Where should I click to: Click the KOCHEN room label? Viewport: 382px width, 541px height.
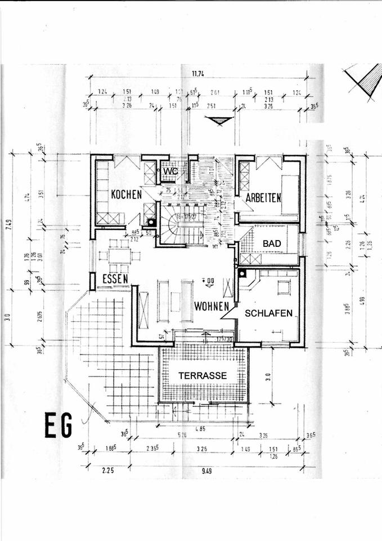(x=125, y=195)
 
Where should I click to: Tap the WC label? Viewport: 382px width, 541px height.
(x=170, y=170)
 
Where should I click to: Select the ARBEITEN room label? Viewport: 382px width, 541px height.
(x=263, y=198)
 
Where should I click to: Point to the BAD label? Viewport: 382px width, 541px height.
(x=272, y=243)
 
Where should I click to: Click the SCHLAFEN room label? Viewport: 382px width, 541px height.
(x=268, y=313)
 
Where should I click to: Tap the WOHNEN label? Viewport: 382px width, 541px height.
(x=212, y=307)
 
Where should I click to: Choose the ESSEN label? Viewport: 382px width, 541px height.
(x=115, y=278)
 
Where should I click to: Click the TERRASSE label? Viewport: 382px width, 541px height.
(x=203, y=375)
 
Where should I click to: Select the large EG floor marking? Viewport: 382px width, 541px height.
(x=59, y=427)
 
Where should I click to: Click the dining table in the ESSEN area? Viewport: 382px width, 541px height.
(x=119, y=255)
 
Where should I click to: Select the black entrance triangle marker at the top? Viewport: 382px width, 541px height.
(x=218, y=121)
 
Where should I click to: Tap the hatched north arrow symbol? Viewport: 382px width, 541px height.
(x=363, y=82)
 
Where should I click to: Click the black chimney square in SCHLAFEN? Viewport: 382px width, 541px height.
(x=242, y=273)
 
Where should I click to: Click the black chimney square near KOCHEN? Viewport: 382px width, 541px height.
(x=151, y=223)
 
